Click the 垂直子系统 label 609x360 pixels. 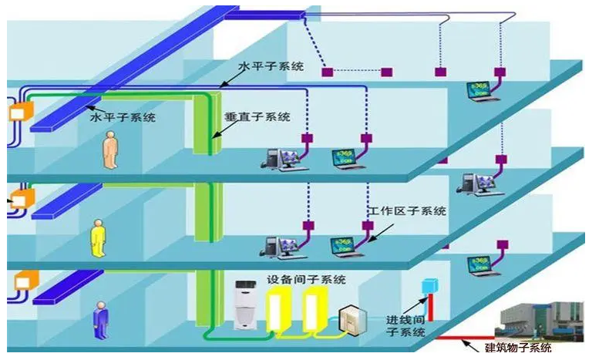[x=257, y=116]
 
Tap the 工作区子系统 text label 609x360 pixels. [x=407, y=211]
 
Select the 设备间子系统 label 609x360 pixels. [x=306, y=279]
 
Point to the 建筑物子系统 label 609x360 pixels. [x=518, y=347]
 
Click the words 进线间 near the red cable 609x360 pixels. [x=405, y=320]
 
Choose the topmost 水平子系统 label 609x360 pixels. [x=271, y=66]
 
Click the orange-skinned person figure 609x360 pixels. [x=110, y=150]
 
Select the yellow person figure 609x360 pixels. [x=98, y=238]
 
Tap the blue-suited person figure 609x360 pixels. [x=101, y=320]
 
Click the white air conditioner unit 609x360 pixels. [x=245, y=305]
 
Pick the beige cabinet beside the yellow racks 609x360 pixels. [x=352, y=320]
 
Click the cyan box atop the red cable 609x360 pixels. [x=430, y=286]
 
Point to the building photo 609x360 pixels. [x=539, y=321]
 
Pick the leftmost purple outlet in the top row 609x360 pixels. [x=328, y=72]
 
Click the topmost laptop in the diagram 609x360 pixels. [x=482, y=92]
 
